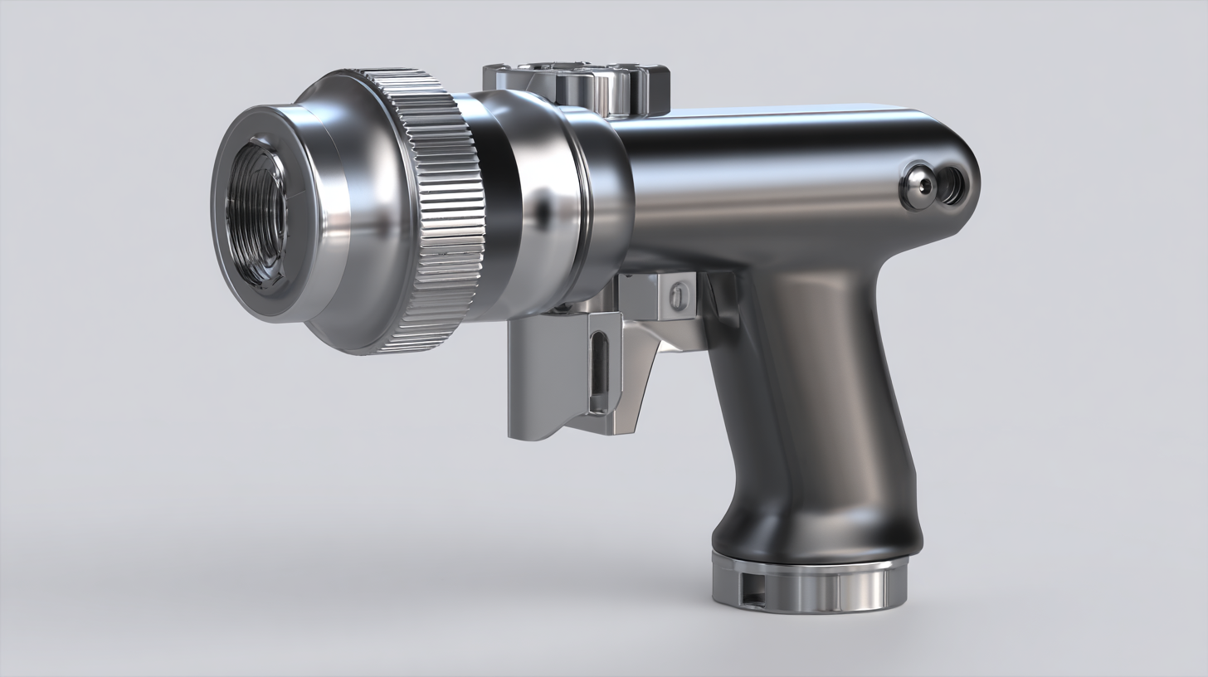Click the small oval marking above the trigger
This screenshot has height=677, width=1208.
pyautogui.click(x=679, y=295)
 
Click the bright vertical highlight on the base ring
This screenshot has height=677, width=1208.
pyautogui.click(x=863, y=587)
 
